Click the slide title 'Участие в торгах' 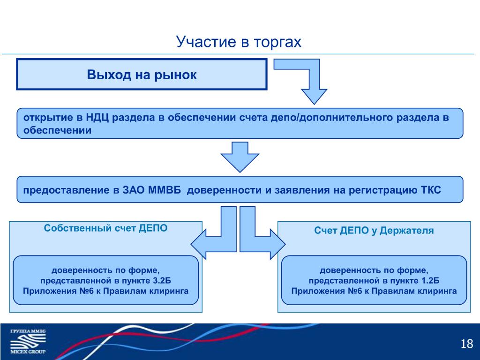tap(239, 42)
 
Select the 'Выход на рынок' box tap(142, 75)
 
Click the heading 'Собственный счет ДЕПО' tap(105, 228)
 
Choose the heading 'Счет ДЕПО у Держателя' tap(374, 231)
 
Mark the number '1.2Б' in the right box tap(430, 281)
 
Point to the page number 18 tap(467, 344)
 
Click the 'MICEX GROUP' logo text tap(28, 352)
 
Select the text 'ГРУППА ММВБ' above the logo tap(28, 331)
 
